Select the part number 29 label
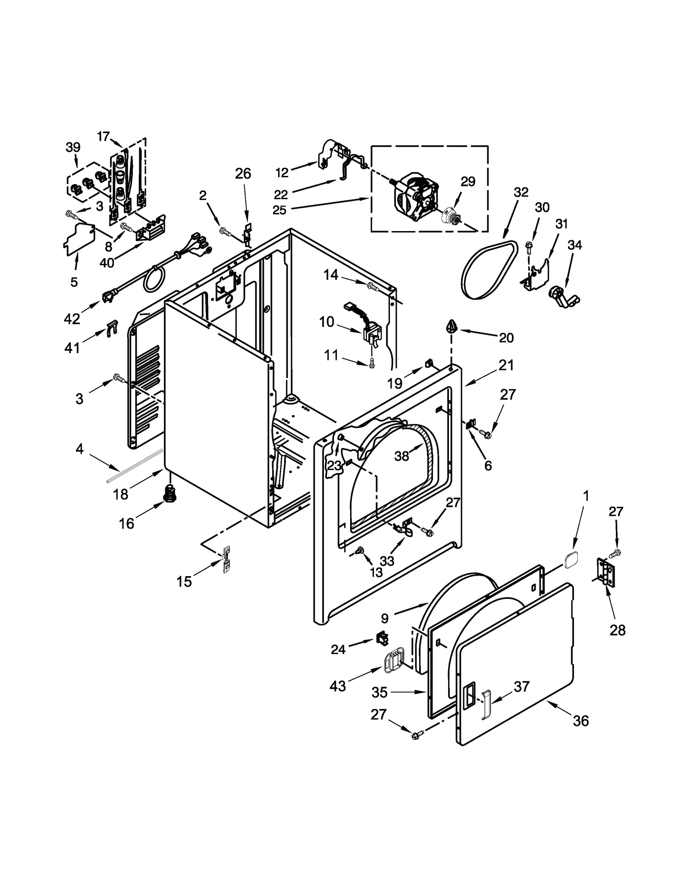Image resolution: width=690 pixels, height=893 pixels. [467, 182]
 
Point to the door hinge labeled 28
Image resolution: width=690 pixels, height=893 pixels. [604, 572]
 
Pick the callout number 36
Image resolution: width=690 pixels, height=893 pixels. [581, 721]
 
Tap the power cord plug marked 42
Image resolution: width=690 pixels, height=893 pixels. [108, 297]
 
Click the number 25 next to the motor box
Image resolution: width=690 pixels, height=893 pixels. [279, 210]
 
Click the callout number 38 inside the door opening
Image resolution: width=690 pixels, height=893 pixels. [401, 456]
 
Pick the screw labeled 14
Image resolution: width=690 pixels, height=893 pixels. [373, 286]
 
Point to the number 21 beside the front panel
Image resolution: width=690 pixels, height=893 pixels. [506, 365]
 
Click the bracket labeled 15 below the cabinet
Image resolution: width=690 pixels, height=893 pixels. [226, 560]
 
